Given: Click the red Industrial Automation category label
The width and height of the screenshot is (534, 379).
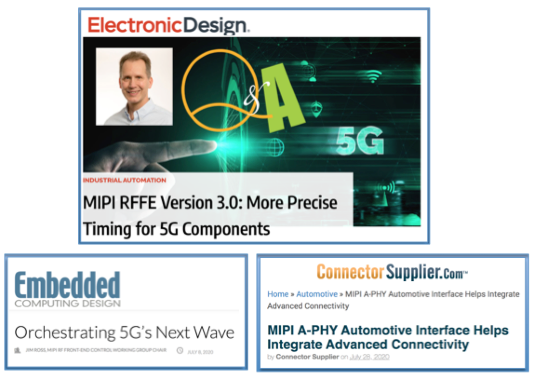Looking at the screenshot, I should (x=125, y=180).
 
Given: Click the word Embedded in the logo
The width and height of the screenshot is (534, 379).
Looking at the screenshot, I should (x=67, y=284).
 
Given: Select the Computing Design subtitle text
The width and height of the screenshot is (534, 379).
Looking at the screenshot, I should (x=67, y=304).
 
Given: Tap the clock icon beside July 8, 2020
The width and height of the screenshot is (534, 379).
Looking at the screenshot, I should (x=180, y=351).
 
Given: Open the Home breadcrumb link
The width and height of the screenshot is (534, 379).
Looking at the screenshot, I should (x=278, y=294).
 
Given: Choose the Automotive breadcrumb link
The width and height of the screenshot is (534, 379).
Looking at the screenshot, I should (x=316, y=294).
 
